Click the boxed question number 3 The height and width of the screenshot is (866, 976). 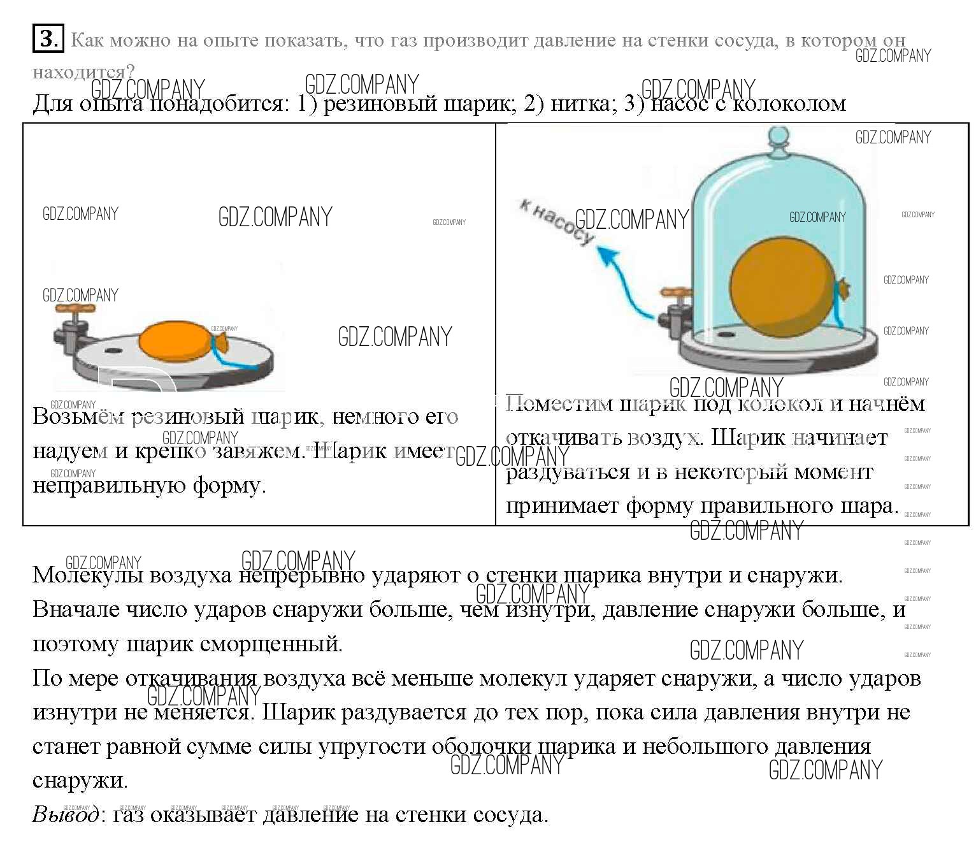[48, 39]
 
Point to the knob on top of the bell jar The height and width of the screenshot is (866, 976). [778, 139]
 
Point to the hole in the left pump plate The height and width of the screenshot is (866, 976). [113, 351]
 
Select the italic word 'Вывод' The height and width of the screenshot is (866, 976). [66, 814]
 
